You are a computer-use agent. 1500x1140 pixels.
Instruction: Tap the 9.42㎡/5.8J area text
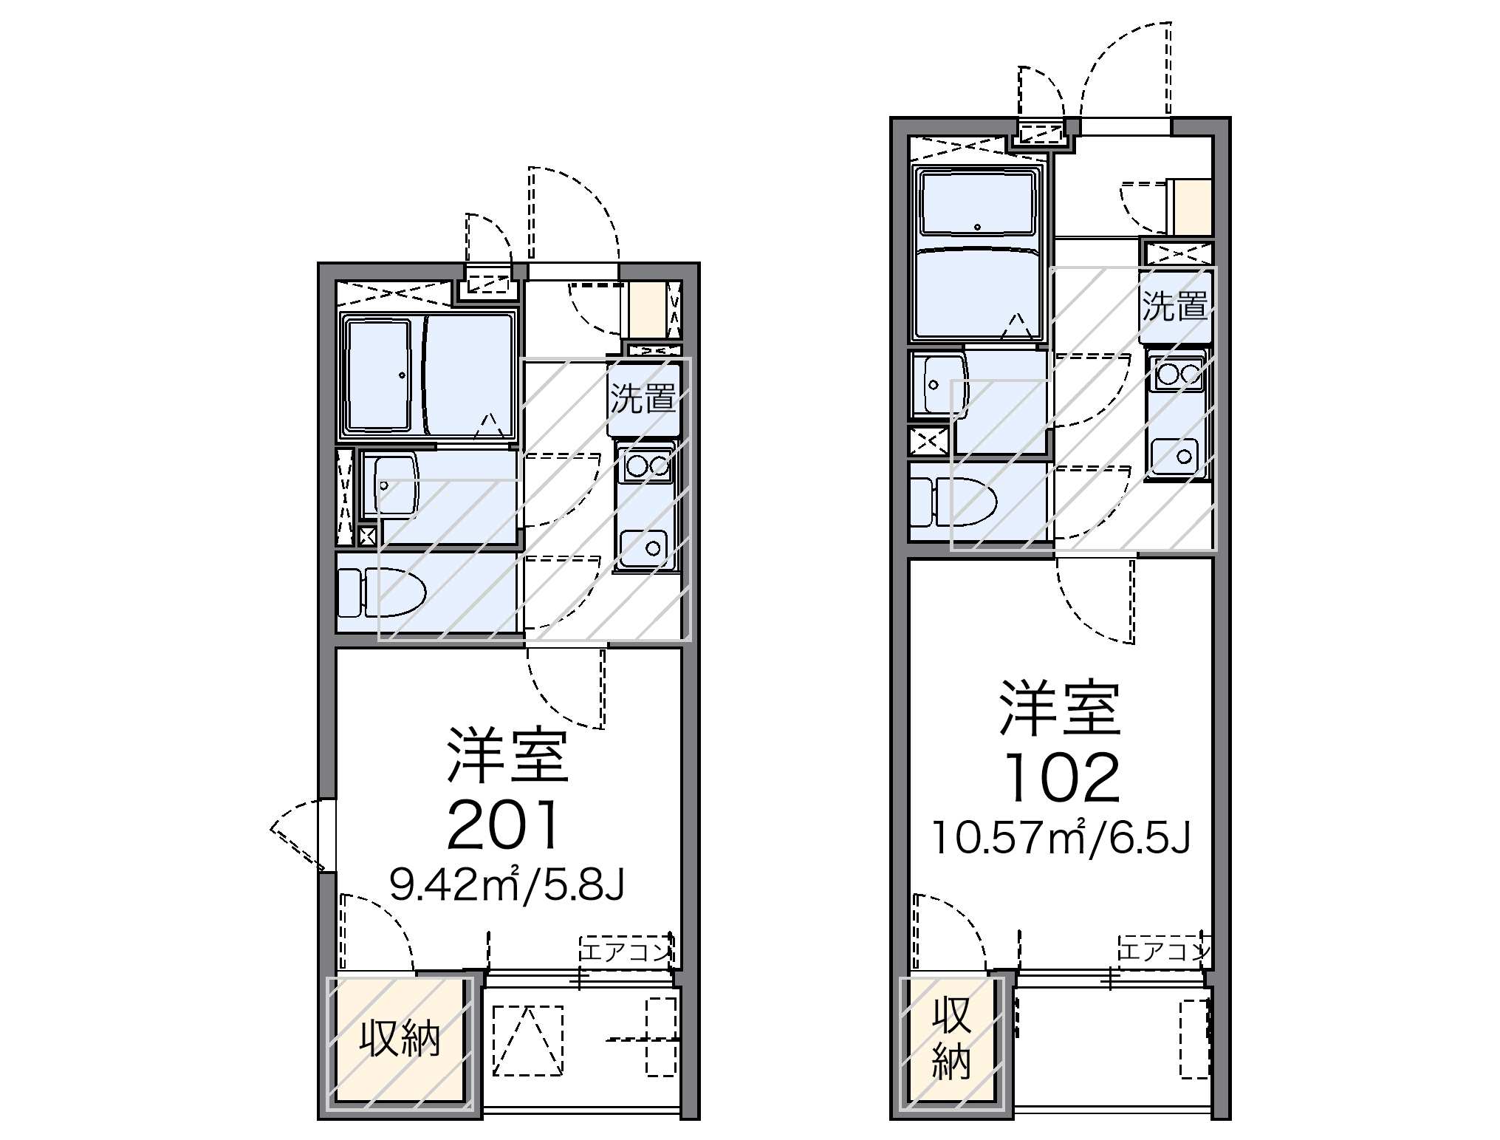(507, 884)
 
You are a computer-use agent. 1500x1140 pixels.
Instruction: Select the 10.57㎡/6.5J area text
(1061, 836)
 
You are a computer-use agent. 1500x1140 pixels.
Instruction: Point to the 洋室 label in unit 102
(1061, 709)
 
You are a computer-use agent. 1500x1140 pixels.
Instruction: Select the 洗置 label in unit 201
(643, 398)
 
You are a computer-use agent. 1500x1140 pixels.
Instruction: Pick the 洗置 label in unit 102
(1175, 305)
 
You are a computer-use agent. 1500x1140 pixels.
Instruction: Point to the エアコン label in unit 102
(1165, 951)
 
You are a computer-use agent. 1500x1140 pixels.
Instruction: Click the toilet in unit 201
(382, 592)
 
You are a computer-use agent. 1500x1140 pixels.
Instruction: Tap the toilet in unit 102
(953, 500)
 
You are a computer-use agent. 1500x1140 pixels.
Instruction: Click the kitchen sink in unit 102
(1174, 455)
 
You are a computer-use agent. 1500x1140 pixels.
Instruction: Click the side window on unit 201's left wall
(327, 836)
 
